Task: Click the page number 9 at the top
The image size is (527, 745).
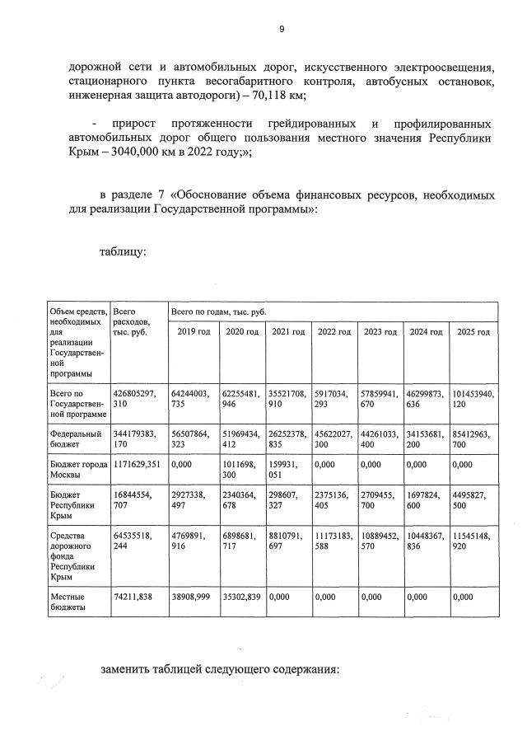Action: [282, 29]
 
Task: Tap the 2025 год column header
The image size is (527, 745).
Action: [473, 332]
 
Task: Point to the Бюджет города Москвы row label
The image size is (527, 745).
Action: [79, 470]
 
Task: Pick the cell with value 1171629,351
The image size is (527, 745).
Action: [138, 465]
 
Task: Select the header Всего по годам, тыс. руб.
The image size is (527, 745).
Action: [218, 313]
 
